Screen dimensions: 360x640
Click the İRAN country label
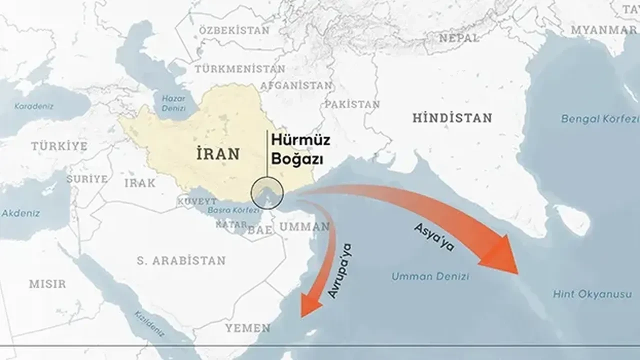[218, 153]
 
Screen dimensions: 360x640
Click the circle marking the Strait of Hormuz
[267, 193]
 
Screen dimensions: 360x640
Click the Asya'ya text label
[433, 236]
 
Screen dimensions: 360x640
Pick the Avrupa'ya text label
[341, 270]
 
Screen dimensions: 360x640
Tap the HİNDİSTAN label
[452, 118]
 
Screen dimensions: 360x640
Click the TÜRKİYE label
[59, 146]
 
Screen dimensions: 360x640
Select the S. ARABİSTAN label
[181, 260]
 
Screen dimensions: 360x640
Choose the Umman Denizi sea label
[430, 276]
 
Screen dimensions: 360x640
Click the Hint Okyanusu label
[592, 294]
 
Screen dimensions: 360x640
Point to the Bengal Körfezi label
[600, 119]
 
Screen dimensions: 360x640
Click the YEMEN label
[247, 328]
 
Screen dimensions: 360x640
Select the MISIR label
[47, 284]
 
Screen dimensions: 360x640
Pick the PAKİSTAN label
[352, 104]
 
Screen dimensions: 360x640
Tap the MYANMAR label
[603, 30]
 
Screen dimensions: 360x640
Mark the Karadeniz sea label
[33, 106]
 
